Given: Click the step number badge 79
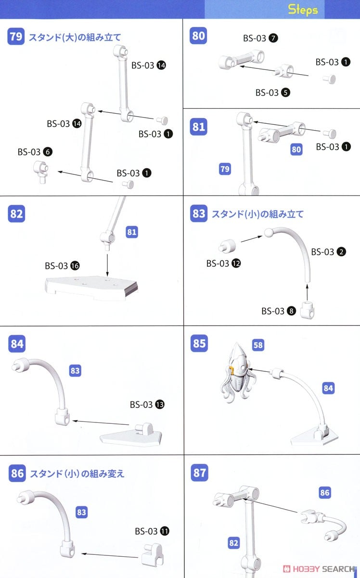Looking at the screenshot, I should coord(16,37).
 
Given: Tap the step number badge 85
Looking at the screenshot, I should coord(198,343).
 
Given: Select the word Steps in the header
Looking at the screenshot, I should coord(303,10).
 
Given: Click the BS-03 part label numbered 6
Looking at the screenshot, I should coord(35,152).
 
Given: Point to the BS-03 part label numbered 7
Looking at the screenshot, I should coord(260,39).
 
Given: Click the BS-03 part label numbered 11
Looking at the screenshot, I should coord(152,531).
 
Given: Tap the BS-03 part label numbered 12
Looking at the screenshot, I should coord(224,263).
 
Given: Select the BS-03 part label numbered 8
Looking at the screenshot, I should coord(279,311).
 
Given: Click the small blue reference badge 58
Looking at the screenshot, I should coord(258,345).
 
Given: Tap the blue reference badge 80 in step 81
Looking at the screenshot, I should coord(296,149).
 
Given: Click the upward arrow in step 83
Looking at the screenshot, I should coord(307,291).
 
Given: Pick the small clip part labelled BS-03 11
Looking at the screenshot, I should coord(154,554).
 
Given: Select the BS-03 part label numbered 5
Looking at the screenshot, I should coord(273,92).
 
